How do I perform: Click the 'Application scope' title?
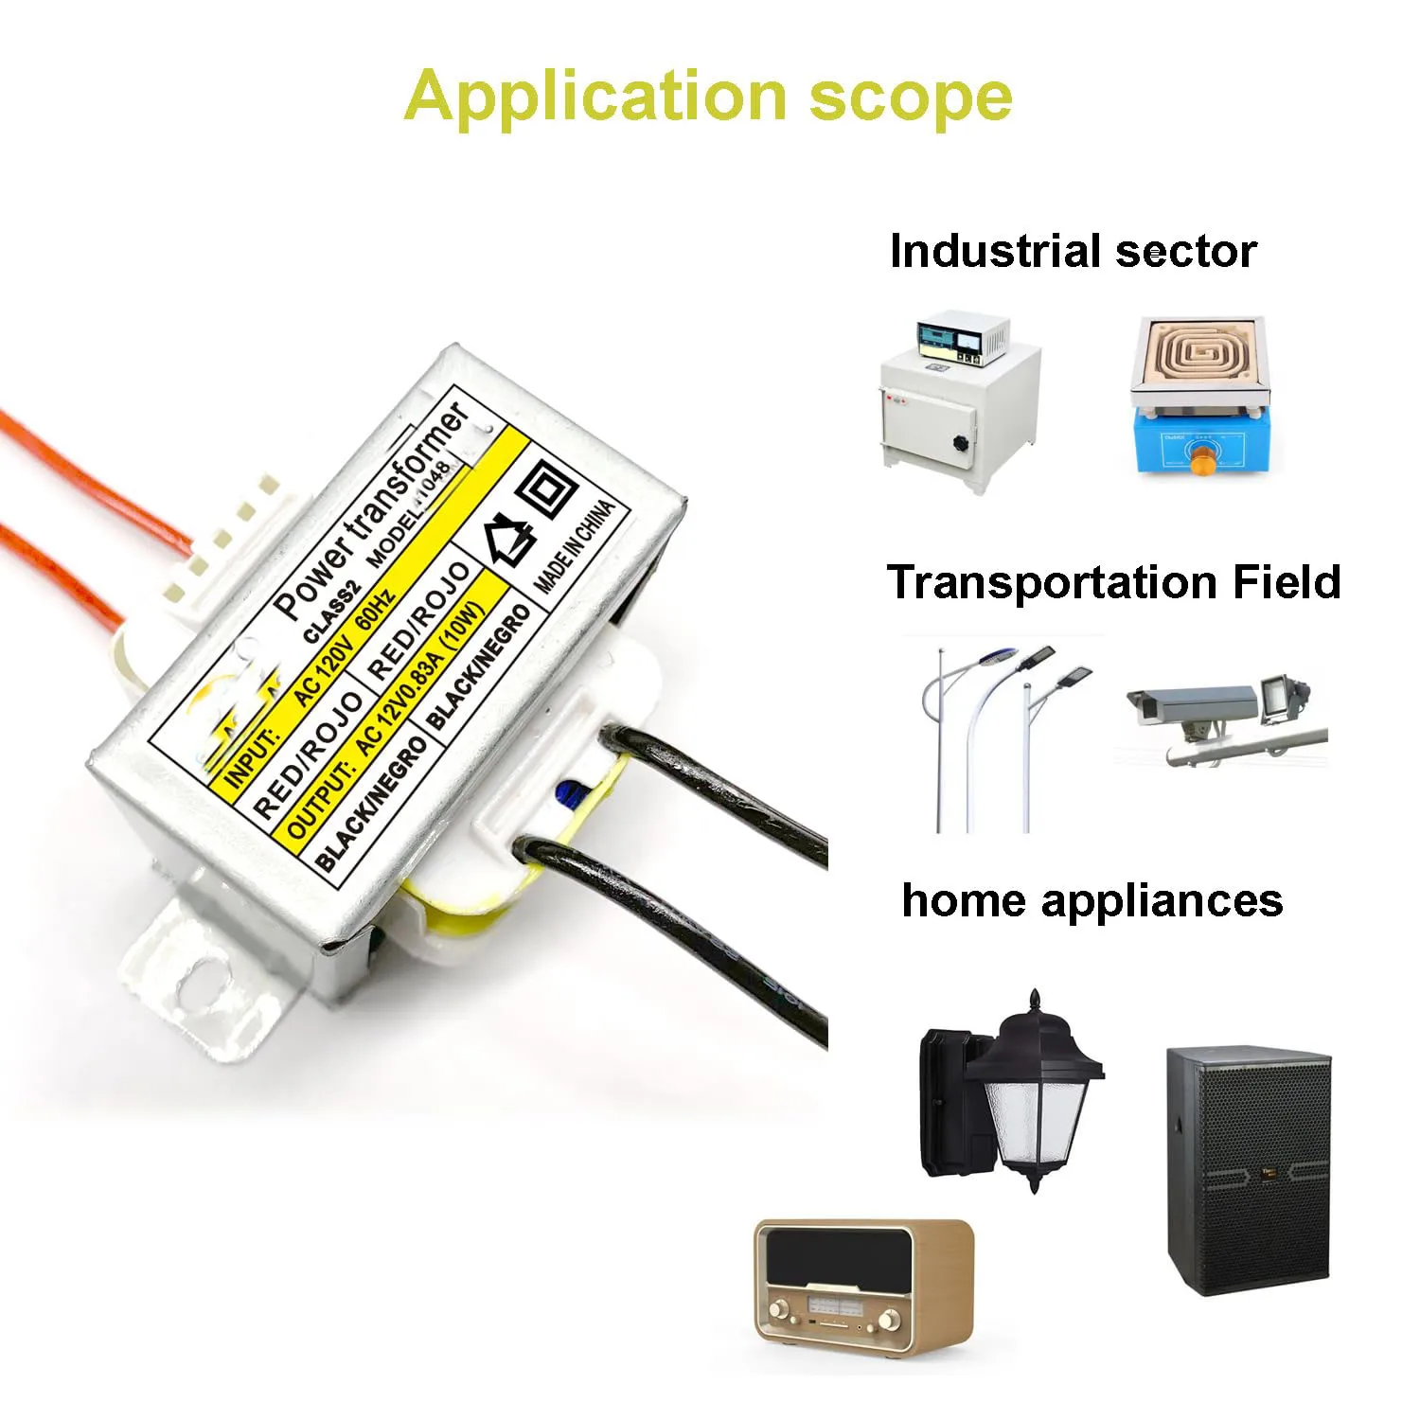(x=708, y=97)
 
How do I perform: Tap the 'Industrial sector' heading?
(x=1073, y=252)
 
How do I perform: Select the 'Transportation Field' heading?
(x=1113, y=582)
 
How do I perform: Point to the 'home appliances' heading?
(x=1092, y=900)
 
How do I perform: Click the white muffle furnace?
(x=958, y=401)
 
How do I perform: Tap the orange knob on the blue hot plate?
(x=1203, y=461)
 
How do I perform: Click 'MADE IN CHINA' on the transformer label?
(x=575, y=546)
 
